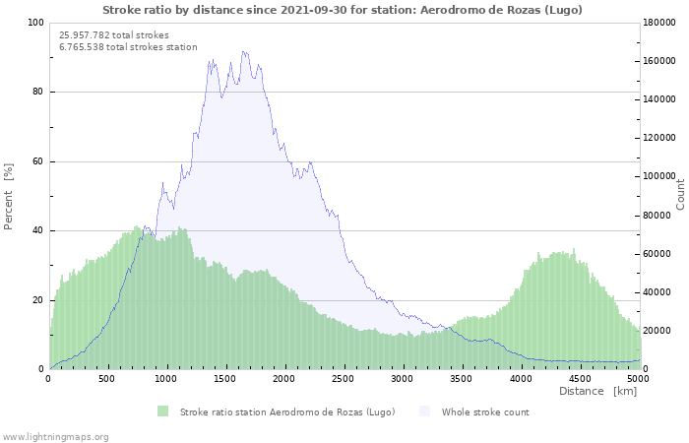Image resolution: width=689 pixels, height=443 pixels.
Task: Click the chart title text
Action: (343, 10)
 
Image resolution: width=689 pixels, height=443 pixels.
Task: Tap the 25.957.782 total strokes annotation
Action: (114, 35)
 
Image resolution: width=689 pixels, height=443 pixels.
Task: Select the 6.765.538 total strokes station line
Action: (128, 47)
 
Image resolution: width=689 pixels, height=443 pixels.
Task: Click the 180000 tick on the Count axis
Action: (659, 23)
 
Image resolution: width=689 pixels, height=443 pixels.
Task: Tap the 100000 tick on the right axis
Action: (659, 176)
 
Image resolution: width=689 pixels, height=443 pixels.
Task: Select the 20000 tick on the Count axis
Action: (657, 331)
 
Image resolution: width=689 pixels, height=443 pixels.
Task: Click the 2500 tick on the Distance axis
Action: (343, 379)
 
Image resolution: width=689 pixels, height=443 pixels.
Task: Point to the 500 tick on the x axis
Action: (106, 379)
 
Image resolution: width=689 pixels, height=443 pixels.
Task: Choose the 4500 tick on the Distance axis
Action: (580, 379)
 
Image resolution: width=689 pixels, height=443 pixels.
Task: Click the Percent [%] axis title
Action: (8, 197)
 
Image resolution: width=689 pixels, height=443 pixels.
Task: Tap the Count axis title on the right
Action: (680, 194)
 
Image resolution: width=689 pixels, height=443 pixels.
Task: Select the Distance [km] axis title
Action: (598, 391)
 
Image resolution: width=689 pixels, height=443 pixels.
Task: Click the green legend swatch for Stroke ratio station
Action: (163, 411)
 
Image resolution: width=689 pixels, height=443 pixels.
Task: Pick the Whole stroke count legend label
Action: (485, 412)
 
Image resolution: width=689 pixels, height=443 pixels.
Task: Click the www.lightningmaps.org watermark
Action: (55, 437)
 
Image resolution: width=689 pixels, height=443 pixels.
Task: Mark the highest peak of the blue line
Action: (243, 51)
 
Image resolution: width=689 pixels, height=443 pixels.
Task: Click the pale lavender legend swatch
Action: (424, 411)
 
